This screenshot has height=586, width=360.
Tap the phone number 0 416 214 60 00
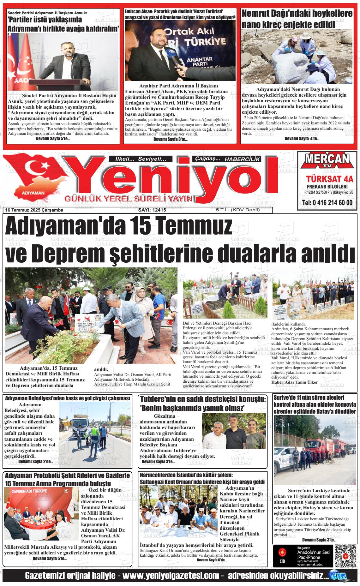[x=327, y=202]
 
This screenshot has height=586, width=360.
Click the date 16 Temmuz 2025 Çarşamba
[x=34, y=210]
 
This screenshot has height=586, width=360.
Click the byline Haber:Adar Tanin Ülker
[x=294, y=382]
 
